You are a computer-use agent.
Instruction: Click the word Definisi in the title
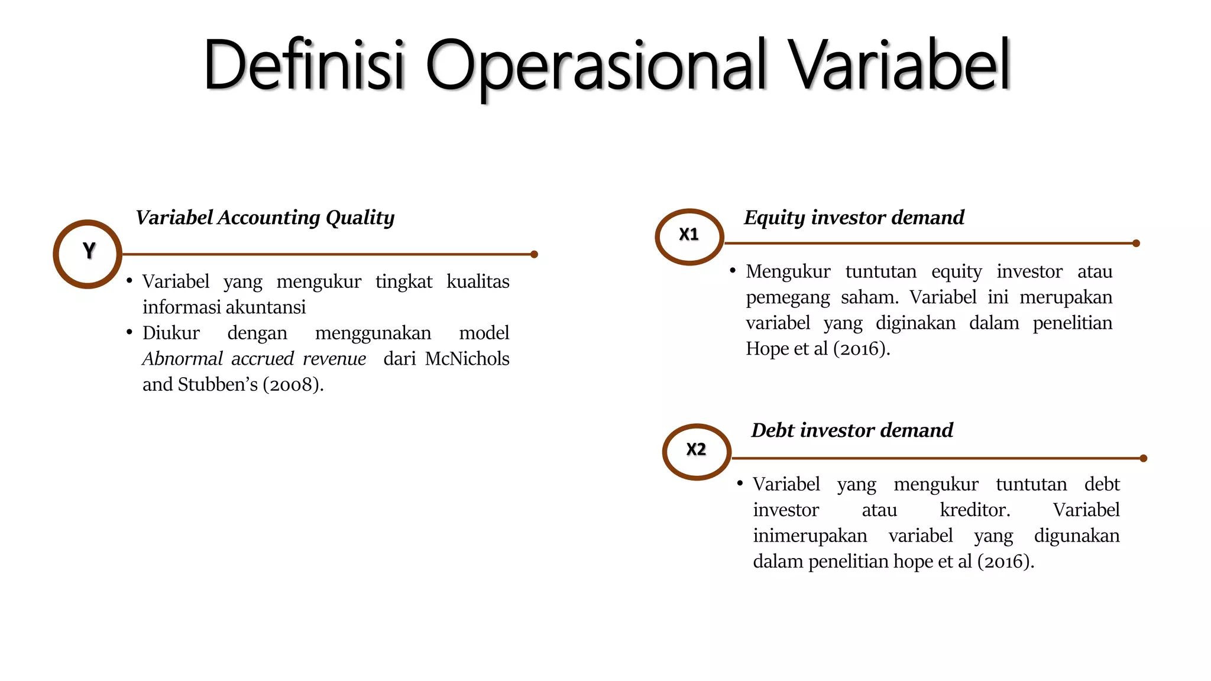pyautogui.click(x=304, y=65)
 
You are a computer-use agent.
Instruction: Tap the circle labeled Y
pyautogui.click(x=88, y=254)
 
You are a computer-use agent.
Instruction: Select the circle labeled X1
pyautogui.click(x=689, y=236)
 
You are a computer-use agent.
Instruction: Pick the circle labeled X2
pyautogui.click(x=697, y=452)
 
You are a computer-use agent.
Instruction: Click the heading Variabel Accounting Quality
pyautogui.click(x=265, y=218)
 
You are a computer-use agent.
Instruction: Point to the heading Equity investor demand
pyautogui.click(x=854, y=218)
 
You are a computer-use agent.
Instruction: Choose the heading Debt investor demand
pyautogui.click(x=852, y=430)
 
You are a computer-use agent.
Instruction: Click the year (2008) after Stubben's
pyautogui.click(x=293, y=385)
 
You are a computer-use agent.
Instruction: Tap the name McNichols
pyautogui.click(x=467, y=359)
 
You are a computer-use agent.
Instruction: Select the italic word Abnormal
pyautogui.click(x=182, y=359)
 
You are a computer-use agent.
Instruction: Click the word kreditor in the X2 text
pyautogui.click(x=974, y=510)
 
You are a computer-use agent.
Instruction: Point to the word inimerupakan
pyautogui.click(x=810, y=536)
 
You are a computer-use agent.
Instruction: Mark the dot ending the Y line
pyautogui.click(x=534, y=254)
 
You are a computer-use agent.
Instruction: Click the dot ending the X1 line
pyautogui.click(x=1136, y=243)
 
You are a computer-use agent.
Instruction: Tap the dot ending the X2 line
pyautogui.click(x=1143, y=458)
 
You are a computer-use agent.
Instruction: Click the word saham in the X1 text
pyautogui.click(x=869, y=297)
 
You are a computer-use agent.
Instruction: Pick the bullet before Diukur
pyautogui.click(x=129, y=332)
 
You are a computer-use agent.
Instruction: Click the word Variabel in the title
pyautogui.click(x=901, y=65)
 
